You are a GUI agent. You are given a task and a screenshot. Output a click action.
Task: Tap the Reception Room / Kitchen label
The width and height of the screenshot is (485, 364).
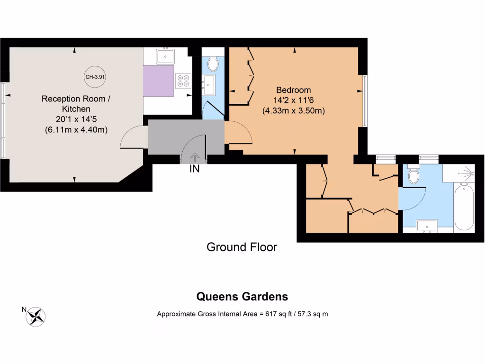coord(76,103)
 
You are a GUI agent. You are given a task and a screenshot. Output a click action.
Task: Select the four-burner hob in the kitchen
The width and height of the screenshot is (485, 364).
coord(183,81)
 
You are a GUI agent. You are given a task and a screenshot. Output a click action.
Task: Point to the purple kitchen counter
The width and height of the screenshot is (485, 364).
coord(158,81)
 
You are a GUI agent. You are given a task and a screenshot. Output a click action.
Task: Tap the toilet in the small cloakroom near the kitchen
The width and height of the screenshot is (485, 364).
coord(212,63)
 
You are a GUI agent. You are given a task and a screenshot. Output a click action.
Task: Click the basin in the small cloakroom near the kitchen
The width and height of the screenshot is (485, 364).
coord(209,83)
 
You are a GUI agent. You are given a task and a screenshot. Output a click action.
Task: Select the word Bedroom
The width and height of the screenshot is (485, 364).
coord(293,90)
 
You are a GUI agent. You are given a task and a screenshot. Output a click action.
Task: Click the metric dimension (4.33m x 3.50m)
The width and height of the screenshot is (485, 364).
coord(293,111)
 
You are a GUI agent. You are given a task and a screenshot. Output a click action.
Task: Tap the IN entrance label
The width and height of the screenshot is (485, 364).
coord(194,169)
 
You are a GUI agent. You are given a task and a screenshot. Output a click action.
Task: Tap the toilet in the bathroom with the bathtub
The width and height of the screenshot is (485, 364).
coord(414,176)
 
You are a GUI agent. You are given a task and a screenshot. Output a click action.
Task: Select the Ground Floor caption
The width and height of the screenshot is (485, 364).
coord(242,247)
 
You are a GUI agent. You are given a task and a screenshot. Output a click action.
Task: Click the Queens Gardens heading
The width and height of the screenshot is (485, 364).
coord(242,297)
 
